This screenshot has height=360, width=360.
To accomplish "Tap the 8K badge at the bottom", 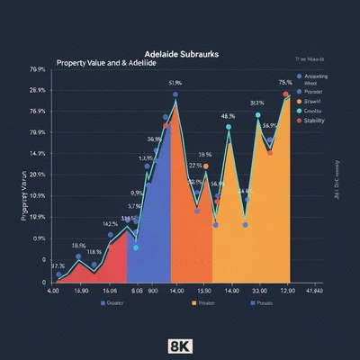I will [180, 346].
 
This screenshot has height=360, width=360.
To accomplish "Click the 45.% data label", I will [229, 116].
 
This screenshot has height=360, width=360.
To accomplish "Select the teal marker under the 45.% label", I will [229, 128].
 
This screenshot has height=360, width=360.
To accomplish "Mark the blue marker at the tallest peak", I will [175, 94].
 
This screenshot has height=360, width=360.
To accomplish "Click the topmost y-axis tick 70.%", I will [37, 69].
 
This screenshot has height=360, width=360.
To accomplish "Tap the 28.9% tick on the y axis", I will [37, 91].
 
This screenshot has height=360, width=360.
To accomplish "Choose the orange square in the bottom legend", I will [193, 304].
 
